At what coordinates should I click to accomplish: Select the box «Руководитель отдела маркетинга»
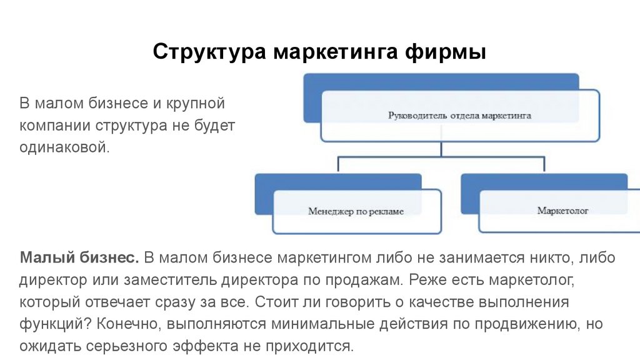click(459, 116)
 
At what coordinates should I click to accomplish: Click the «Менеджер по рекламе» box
click(356, 211)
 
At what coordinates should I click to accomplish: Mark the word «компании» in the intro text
click(55, 125)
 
